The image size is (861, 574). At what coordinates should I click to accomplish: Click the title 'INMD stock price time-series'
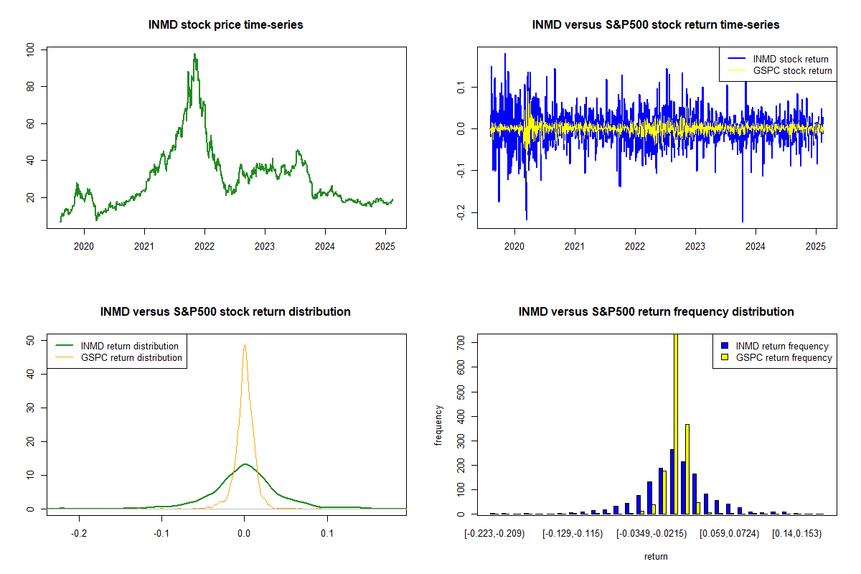pyautogui.click(x=226, y=25)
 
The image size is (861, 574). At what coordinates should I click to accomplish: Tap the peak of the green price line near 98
pyautogui.click(x=194, y=55)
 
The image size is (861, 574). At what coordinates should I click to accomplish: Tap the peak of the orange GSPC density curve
pyautogui.click(x=245, y=345)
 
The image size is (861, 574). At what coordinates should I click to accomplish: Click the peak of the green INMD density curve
pyautogui.click(x=245, y=464)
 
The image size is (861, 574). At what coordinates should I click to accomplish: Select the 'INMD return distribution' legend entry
pyautogui.click(x=130, y=346)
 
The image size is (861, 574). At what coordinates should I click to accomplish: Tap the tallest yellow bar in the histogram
pyautogui.click(x=676, y=423)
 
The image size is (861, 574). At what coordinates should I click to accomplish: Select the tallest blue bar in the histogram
pyautogui.click(x=672, y=481)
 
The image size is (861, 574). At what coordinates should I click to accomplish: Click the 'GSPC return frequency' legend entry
pyautogui.click(x=784, y=357)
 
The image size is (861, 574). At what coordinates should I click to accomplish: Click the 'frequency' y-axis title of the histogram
pyautogui.click(x=439, y=425)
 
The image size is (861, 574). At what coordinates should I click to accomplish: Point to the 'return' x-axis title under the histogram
pyautogui.click(x=656, y=556)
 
